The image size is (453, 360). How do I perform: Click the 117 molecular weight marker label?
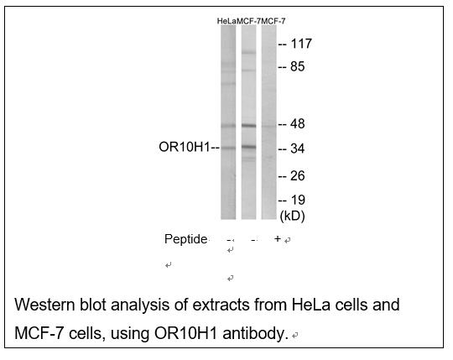coord(301,44)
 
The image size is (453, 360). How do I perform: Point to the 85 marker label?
coord(298,66)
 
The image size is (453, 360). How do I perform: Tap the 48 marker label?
coord(298,124)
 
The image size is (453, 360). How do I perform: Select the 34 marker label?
coord(298,149)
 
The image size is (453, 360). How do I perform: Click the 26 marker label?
coord(298,175)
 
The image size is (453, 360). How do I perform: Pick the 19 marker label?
coord(298,200)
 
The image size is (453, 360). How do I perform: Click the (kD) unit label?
coord(293,216)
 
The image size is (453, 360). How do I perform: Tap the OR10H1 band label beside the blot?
coord(184,147)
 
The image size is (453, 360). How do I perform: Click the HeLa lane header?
coord(226,21)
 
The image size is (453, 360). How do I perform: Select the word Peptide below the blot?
coord(185,239)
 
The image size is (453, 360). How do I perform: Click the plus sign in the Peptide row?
coord(278,238)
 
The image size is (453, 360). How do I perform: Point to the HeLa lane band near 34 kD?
coord(228,149)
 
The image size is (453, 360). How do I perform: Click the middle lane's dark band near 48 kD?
coord(248,126)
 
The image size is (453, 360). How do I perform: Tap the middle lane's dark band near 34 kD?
coord(248,147)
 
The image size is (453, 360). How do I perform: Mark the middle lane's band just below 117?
coord(248,53)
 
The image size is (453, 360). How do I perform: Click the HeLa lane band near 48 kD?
coord(228,126)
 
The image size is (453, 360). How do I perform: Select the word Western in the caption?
coord(44,305)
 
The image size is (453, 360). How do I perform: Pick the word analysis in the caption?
coord(141,305)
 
